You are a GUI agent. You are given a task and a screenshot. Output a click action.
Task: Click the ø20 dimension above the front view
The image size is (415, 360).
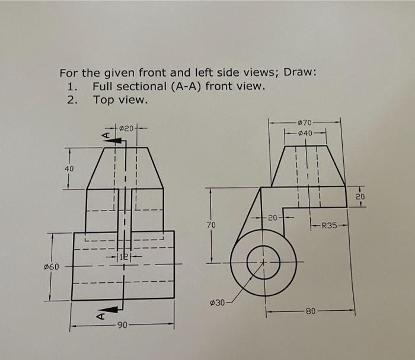[127, 126]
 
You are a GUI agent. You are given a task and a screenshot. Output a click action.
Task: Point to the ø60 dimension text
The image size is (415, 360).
[53, 266]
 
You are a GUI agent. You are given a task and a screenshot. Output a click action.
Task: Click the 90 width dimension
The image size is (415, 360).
[122, 324]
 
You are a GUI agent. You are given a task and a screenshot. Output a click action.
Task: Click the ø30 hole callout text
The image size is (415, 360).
[218, 303]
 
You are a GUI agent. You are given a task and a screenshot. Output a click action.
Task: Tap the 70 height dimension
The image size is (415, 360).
[211, 225]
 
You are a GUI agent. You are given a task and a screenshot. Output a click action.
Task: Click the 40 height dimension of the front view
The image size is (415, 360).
[69, 169]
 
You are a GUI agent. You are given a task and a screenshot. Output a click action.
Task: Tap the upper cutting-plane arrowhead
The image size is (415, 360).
[117, 140]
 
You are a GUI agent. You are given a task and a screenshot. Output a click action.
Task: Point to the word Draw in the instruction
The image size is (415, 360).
[299, 73]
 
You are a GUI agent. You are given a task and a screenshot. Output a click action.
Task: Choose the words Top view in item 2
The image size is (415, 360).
[120, 99]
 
